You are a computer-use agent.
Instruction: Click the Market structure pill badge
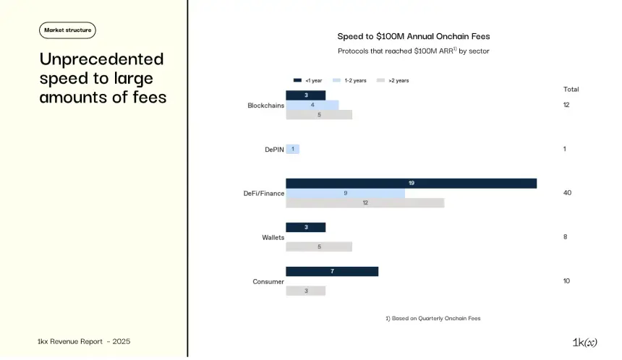[x=67, y=30]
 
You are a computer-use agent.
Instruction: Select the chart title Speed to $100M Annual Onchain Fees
[x=414, y=36]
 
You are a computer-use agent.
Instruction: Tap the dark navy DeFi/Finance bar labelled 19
[x=411, y=183]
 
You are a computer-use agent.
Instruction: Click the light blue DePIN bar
[x=292, y=149]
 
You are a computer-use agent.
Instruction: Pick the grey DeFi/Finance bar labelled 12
[x=365, y=203]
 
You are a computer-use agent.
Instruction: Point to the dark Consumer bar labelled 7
[x=331, y=271]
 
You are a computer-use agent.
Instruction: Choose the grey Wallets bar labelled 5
[x=318, y=247]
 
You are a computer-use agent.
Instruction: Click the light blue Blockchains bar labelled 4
[x=312, y=105]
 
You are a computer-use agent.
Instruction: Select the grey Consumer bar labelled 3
[x=305, y=291]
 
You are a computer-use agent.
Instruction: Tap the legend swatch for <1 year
[x=297, y=80]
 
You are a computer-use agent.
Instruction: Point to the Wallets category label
[x=273, y=237]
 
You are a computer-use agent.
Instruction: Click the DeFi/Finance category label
[x=263, y=193]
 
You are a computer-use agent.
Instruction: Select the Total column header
[x=571, y=89]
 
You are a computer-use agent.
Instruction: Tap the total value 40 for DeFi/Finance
[x=567, y=193]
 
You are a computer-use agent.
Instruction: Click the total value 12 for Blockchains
[x=566, y=105]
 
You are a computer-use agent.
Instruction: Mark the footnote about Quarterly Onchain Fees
[x=433, y=318]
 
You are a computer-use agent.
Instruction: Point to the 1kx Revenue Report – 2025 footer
[x=84, y=341]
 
